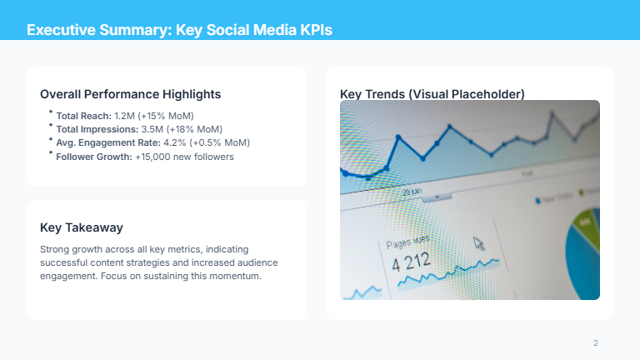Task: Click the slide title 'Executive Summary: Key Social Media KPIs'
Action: [x=179, y=31]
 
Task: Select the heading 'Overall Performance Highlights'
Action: [x=130, y=94]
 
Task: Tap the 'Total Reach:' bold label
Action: [x=83, y=116]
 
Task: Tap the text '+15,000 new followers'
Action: [x=185, y=156]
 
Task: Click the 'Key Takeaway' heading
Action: [x=82, y=227]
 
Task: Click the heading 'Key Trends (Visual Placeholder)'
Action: [x=432, y=94]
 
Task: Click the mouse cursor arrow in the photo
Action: [x=478, y=242]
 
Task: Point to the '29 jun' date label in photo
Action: [x=412, y=192]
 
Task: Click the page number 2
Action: [x=596, y=343]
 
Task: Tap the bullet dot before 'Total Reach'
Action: [x=50, y=112]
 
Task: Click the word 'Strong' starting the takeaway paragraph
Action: [x=55, y=249]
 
